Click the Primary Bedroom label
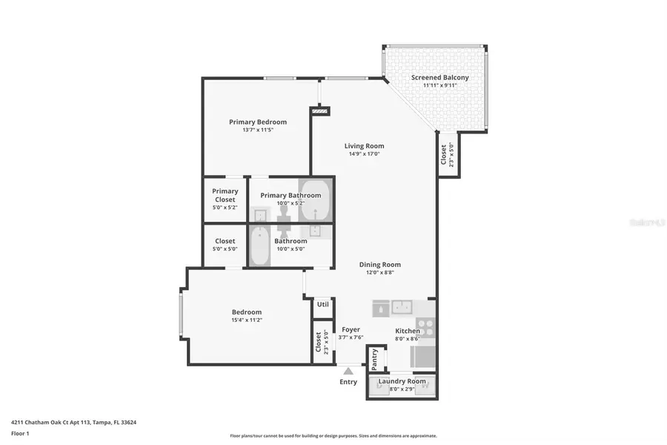coord(257,122)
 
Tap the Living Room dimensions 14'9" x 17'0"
coord(364,154)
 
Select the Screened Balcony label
coord(439,78)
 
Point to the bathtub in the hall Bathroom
coord(259,246)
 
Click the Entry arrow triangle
coord(348,369)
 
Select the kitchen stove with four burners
coord(425,327)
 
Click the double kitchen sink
coord(402,307)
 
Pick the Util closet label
coord(322,304)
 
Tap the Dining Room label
coord(379,265)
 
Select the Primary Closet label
coord(225,195)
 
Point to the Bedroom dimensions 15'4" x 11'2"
coord(246,320)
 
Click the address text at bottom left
coord(73,422)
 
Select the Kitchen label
coord(408,331)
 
